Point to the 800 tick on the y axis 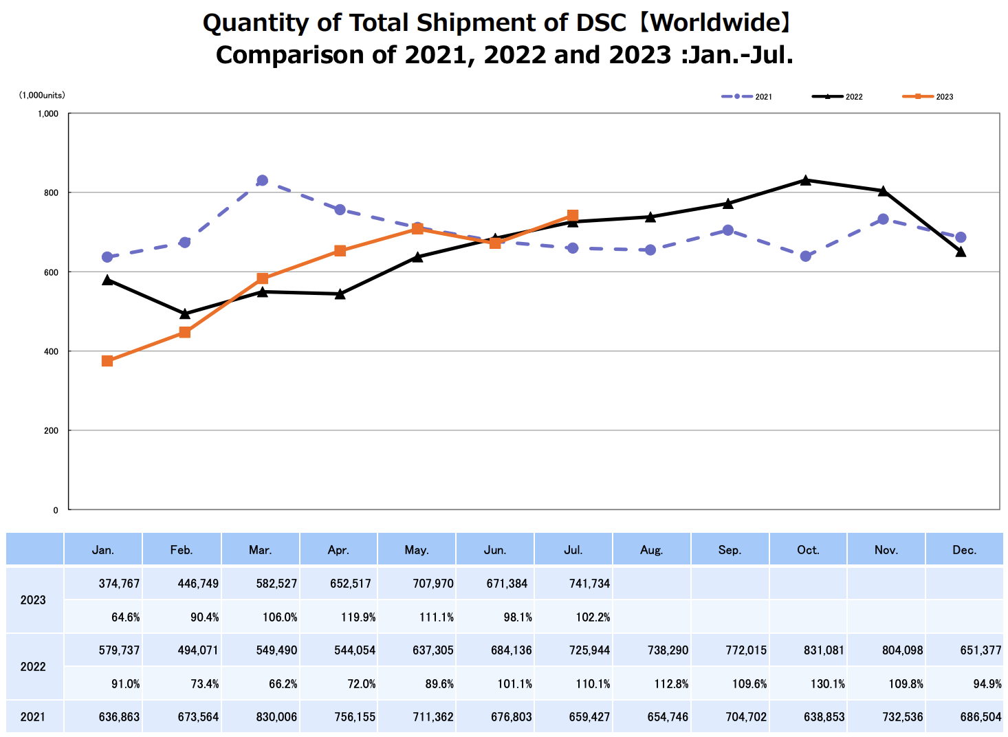(x=52, y=192)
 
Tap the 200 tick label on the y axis (x=52, y=431)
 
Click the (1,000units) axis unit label (x=42, y=96)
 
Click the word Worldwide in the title (x=714, y=23)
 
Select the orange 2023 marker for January (x=107, y=361)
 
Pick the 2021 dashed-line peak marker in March (x=262, y=181)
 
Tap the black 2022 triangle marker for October (x=805, y=180)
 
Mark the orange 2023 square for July (x=573, y=216)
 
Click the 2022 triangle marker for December (x=961, y=252)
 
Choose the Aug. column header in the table (x=651, y=550)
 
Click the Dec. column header (x=964, y=550)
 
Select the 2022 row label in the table (x=33, y=667)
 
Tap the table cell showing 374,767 (x=119, y=584)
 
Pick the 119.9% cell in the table (x=358, y=617)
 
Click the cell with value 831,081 (x=824, y=650)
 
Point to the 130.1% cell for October (x=827, y=684)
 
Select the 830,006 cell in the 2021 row (x=277, y=717)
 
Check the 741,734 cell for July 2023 (x=589, y=584)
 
